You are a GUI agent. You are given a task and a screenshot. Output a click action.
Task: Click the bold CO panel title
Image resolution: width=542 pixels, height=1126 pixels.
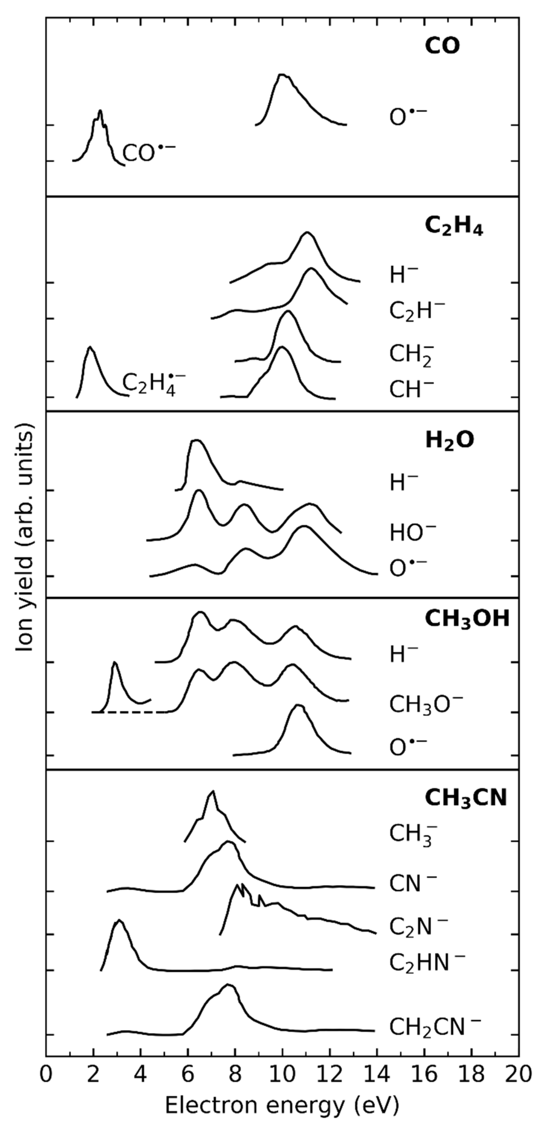(442, 47)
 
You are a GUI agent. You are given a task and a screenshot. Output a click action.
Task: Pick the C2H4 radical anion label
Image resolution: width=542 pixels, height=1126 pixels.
(153, 383)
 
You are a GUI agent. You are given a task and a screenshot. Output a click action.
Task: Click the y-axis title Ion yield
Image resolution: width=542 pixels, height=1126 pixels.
(25, 538)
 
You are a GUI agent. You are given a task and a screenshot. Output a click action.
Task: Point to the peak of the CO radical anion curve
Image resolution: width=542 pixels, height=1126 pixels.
(100, 111)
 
